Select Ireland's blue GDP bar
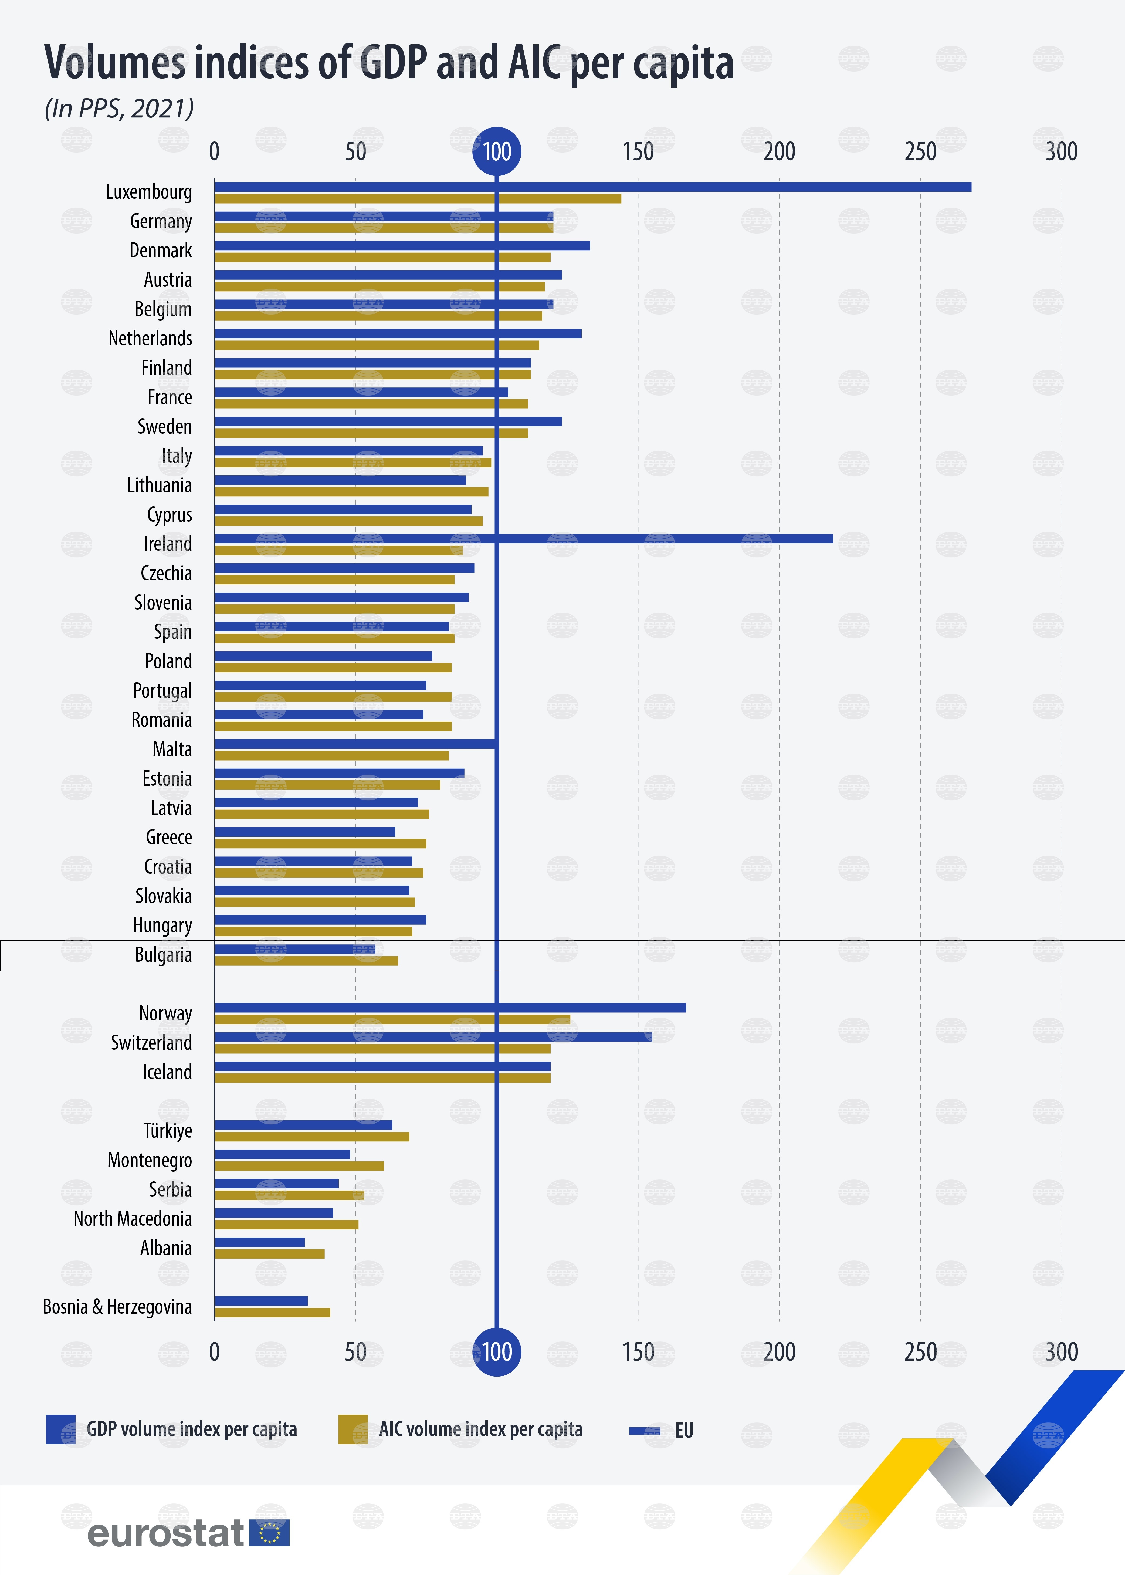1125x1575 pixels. tap(523, 538)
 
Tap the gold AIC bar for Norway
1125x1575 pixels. tap(392, 1019)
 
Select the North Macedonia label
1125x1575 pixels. tap(133, 1219)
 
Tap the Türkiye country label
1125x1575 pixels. tap(168, 1131)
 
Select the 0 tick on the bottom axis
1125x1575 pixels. tap(215, 1352)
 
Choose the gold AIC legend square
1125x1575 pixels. tap(353, 1429)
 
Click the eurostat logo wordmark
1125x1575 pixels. tap(166, 1533)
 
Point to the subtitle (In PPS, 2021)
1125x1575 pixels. tap(119, 109)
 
